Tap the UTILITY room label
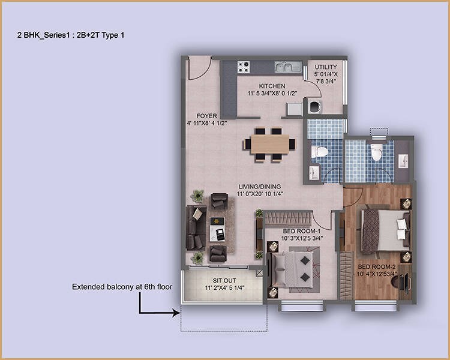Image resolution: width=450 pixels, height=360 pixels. tap(326, 67)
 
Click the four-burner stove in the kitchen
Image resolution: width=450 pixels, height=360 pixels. tap(243, 67)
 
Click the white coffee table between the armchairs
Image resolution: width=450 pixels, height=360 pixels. tap(217, 227)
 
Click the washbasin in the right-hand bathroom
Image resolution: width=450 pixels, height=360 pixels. tap(402, 161)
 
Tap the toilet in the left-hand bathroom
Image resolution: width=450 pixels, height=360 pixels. tap(321, 151)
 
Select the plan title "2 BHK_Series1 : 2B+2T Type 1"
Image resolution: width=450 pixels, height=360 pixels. tap(71, 35)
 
